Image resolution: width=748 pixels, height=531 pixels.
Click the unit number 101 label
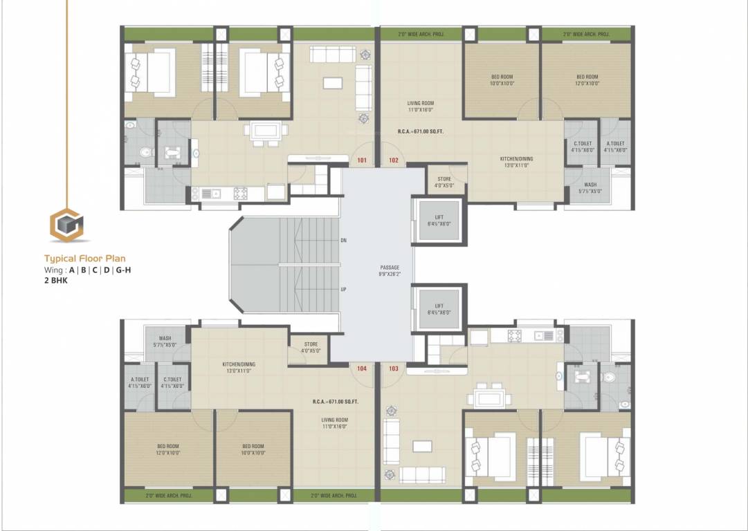click(361, 160)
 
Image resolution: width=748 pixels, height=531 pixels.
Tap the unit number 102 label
click(394, 160)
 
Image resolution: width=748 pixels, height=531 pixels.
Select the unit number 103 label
click(394, 369)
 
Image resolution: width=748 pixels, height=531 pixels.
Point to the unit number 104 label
click(361, 369)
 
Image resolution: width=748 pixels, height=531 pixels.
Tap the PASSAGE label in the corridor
click(390, 270)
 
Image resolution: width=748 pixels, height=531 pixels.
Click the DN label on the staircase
click(343, 240)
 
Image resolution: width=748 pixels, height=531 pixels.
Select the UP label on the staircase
click(343, 290)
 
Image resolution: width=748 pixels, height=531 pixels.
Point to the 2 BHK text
click(56, 281)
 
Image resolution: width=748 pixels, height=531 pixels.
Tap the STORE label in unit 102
click(444, 182)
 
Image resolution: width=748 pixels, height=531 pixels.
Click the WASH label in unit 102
click(590, 187)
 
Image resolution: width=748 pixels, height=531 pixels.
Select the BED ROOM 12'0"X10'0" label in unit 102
click(587, 80)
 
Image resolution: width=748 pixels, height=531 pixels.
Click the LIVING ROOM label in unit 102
click(420, 106)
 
